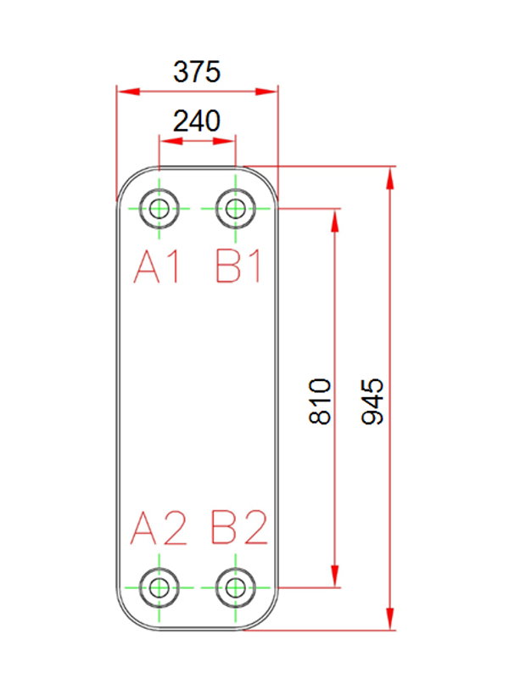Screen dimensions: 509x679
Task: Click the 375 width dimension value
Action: point(197,72)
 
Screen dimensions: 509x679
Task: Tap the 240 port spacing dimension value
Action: point(197,121)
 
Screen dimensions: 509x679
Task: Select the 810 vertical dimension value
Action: point(321,401)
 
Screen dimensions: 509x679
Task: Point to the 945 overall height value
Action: point(372,401)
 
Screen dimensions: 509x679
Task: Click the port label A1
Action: point(157,267)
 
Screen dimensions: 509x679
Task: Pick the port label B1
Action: point(238,267)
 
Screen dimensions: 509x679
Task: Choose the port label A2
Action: point(159,527)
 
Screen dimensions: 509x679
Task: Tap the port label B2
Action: point(239,527)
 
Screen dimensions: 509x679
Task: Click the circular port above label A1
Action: point(159,209)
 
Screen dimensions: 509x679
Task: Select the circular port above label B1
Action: point(236,209)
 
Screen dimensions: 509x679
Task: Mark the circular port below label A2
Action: point(159,587)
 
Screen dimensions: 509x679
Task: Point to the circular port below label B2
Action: point(236,587)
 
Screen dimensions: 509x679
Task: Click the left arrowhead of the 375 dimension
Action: point(129,92)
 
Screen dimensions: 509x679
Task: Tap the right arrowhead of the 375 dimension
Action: point(266,92)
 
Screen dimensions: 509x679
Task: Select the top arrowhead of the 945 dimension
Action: point(390,178)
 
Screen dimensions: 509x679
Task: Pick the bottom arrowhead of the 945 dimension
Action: point(390,619)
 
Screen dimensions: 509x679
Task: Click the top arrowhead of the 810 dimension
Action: point(334,221)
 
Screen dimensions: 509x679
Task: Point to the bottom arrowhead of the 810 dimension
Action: point(334,576)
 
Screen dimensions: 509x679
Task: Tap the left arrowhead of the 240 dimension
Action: point(171,141)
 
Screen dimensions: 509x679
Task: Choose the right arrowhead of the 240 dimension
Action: point(224,141)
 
